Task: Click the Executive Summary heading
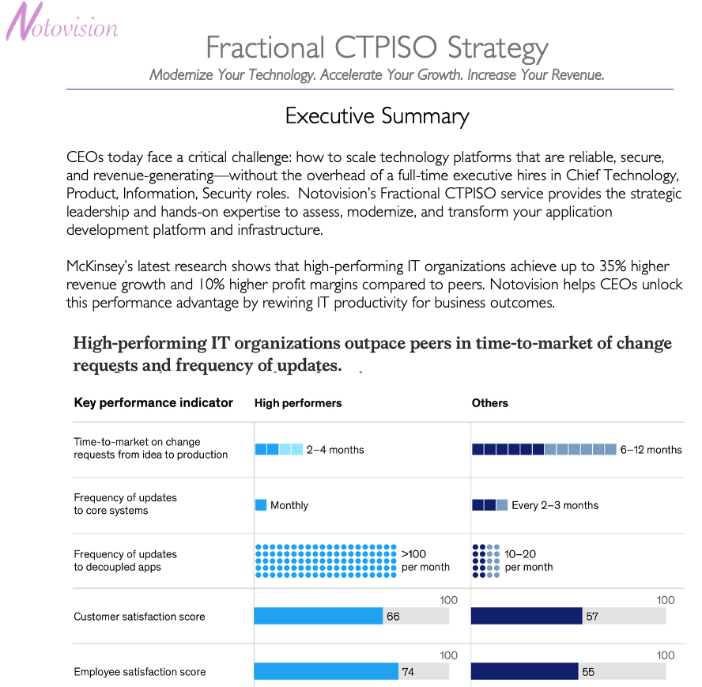(x=377, y=116)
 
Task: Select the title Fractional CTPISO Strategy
(x=377, y=47)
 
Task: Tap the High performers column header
(x=298, y=403)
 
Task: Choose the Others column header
(x=490, y=403)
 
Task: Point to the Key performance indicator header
(x=153, y=402)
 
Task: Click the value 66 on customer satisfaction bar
(x=394, y=617)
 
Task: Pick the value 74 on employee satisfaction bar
(x=409, y=672)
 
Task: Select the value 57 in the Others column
(x=593, y=617)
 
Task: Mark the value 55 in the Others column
(x=588, y=672)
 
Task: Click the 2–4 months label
(x=335, y=450)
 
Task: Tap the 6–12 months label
(x=651, y=450)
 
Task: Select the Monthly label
(x=289, y=505)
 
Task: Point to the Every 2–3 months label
(x=555, y=505)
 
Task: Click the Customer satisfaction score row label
(x=139, y=617)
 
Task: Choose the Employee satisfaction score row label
(x=139, y=672)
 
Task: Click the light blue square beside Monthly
(x=261, y=505)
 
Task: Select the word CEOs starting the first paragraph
(x=86, y=157)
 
